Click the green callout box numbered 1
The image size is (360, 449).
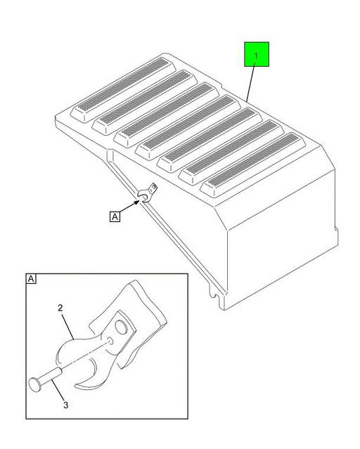click(257, 55)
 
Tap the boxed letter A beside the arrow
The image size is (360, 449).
click(115, 217)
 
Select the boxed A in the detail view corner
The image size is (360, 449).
click(31, 279)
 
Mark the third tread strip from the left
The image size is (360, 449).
click(166, 113)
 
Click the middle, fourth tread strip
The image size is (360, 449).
click(189, 126)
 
